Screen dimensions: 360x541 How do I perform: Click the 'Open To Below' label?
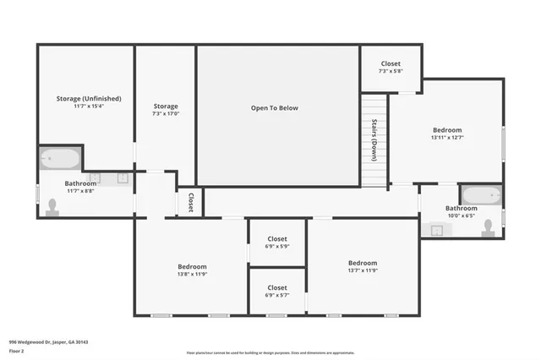[274, 108]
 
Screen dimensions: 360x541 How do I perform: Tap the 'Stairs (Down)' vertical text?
[374, 140]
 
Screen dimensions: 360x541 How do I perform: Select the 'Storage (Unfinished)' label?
[85, 99]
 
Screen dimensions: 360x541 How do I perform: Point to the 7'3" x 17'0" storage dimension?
[166, 114]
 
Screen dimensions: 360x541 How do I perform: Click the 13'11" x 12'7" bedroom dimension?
[446, 138]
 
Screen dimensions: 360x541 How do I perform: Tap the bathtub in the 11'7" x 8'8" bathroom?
[59, 158]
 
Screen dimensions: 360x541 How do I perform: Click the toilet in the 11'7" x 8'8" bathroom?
[52, 207]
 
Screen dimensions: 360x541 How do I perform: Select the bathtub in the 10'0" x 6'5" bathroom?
[482, 195]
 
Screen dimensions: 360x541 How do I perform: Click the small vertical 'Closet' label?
[191, 202]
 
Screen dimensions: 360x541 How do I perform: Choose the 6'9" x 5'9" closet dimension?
[277, 247]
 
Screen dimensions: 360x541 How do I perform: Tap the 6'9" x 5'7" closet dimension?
[277, 296]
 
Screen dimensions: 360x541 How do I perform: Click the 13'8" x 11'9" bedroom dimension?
[193, 274]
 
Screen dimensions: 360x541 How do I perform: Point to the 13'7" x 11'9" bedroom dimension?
[363, 271]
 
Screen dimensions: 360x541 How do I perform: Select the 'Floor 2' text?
[18, 350]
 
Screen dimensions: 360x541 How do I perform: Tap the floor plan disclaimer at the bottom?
[270, 353]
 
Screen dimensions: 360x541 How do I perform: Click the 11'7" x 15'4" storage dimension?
[85, 107]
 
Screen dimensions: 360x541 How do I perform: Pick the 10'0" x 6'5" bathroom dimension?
[462, 216]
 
